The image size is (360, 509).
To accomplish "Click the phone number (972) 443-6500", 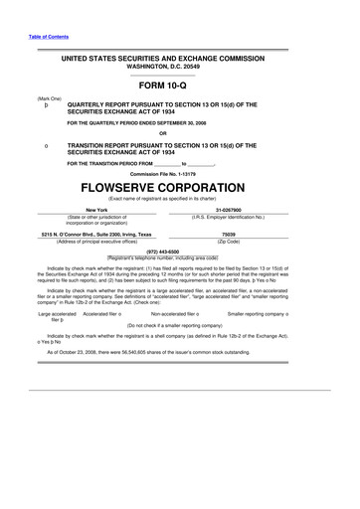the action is (179, 252).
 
